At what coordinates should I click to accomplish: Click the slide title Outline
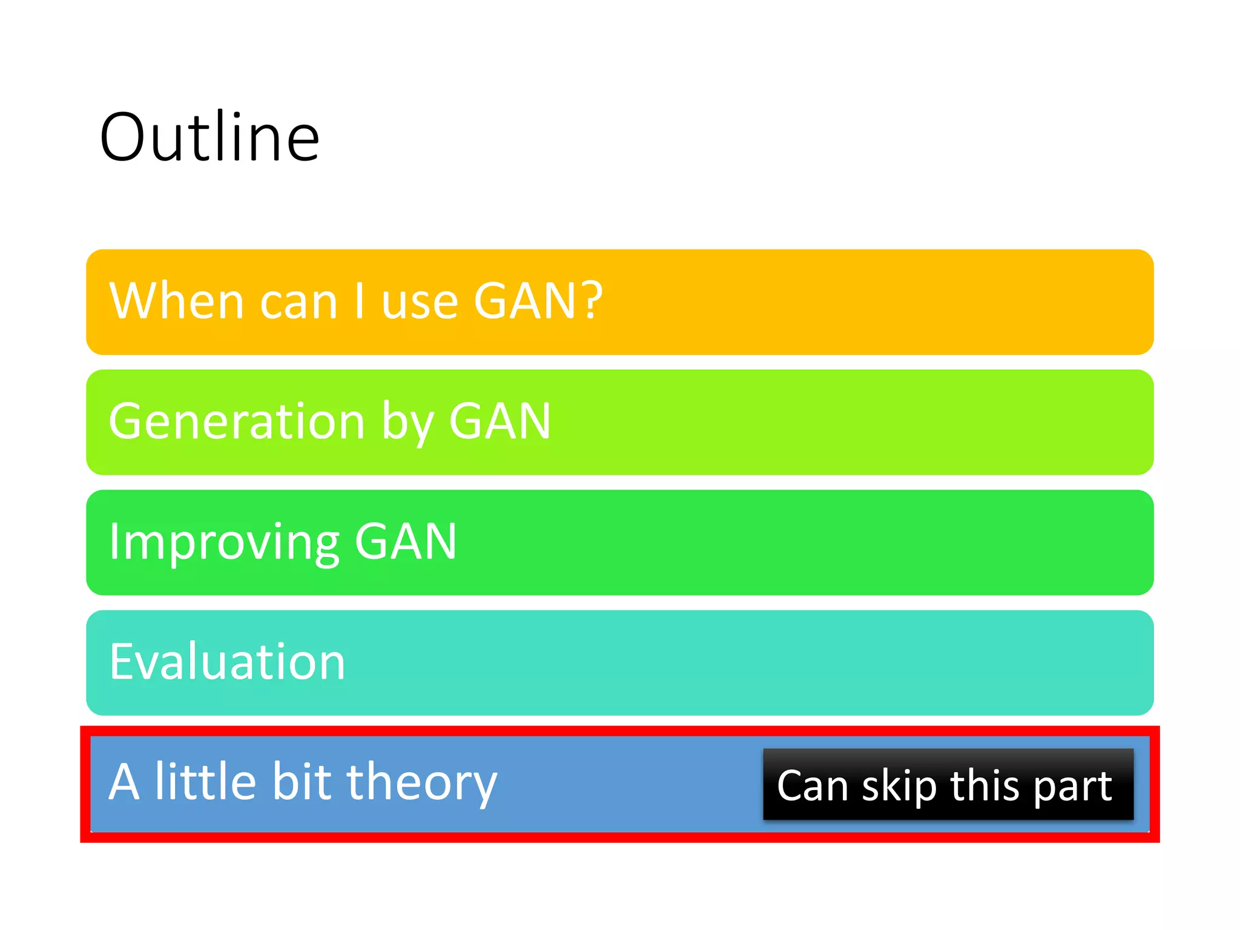tap(209, 138)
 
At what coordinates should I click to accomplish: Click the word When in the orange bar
tap(176, 301)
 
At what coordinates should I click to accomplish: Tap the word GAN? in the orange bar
tap(538, 301)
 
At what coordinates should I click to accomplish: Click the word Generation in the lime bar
tap(237, 421)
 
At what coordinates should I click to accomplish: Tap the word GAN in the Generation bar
tap(500, 421)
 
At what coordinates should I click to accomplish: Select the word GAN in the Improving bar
tap(406, 541)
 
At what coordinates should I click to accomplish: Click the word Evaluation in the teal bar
tap(227, 662)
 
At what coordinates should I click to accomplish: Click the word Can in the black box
tap(813, 786)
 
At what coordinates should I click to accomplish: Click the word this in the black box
tap(984, 785)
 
